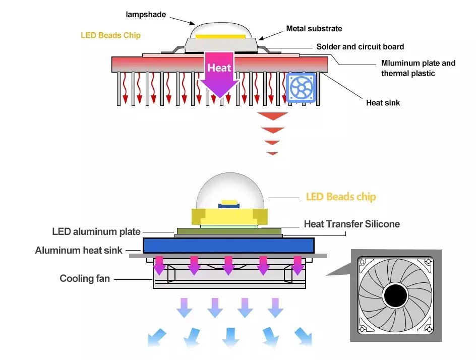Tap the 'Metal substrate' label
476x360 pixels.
pyautogui.click(x=314, y=29)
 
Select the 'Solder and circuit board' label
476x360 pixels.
pyautogui.click(x=360, y=47)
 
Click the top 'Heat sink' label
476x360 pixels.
pyautogui.click(x=383, y=103)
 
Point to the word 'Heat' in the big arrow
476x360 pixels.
pyautogui.click(x=219, y=68)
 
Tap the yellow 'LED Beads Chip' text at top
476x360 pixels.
pyautogui.click(x=110, y=36)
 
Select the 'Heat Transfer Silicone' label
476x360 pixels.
pyautogui.click(x=351, y=224)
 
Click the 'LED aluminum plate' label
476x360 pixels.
pyautogui.click(x=96, y=232)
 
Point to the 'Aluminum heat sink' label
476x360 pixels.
pyautogui.click(x=79, y=250)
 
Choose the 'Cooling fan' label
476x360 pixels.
pyautogui.click(x=85, y=278)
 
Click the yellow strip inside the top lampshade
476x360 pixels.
pyautogui.click(x=220, y=36)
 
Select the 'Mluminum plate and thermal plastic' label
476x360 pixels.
pyautogui.click(x=418, y=68)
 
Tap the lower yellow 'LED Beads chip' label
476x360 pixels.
pyautogui.click(x=341, y=197)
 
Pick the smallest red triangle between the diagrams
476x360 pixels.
pyautogui.click(x=273, y=153)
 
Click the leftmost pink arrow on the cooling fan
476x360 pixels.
pyautogui.click(x=159, y=265)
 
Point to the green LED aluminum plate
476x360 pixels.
pyautogui.click(x=228, y=231)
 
